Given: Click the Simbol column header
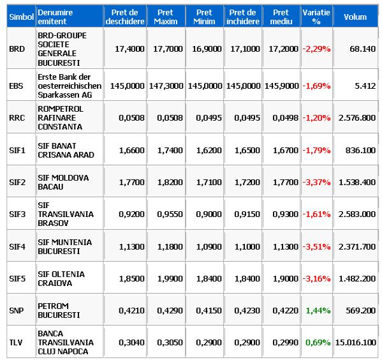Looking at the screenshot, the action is tap(21, 17).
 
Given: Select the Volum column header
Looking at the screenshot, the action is tap(355, 17).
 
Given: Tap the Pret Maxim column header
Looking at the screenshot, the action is tap(166, 17).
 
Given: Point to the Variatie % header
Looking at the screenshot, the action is tap(316, 17).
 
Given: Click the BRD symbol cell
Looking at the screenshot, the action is tap(17, 49).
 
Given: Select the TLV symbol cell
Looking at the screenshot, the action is tap(16, 342).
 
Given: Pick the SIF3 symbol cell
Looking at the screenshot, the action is tap(17, 214).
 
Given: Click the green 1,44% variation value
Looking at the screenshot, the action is tap(318, 310).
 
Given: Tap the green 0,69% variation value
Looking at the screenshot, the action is tap(318, 342).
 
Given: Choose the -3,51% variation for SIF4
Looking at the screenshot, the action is tap(316, 246).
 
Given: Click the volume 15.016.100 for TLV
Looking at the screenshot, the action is tap(355, 342).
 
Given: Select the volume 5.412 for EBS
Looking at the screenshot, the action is tap(365, 86).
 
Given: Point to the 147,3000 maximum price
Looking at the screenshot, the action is tap(166, 86).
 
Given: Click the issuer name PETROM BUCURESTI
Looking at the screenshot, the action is tap(59, 310).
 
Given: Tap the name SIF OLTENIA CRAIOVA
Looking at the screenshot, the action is tap(61, 278).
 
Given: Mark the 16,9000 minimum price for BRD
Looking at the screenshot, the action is tap(207, 49).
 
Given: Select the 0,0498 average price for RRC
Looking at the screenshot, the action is tap(285, 118).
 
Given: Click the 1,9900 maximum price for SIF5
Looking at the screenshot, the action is tap(170, 278).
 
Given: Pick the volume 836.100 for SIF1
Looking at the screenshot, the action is tap(360, 150).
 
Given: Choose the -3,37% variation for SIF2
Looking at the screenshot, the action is tap(316, 182).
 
